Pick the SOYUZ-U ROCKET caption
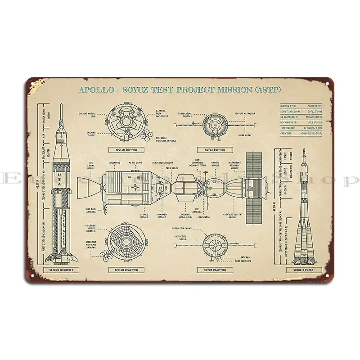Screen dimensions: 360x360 (304, 270)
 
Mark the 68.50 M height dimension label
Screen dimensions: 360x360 (38, 184)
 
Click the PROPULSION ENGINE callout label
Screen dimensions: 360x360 (183, 228)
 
